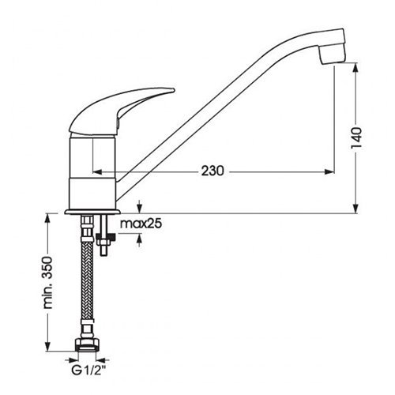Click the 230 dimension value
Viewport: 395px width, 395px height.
click(x=213, y=171)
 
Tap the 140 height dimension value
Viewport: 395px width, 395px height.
click(x=356, y=138)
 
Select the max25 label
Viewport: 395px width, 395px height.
click(x=141, y=224)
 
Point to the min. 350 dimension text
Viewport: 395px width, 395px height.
click(x=47, y=283)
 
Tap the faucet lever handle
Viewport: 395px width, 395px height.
click(x=121, y=110)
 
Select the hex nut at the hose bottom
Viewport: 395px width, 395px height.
click(x=87, y=345)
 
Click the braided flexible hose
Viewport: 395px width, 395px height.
click(x=87, y=282)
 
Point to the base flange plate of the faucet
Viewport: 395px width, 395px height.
click(x=92, y=212)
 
